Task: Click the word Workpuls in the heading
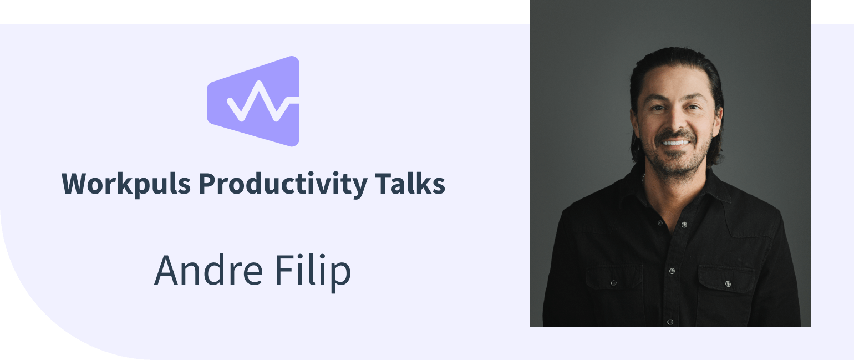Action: pos(126,184)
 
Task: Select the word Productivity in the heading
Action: pos(282,184)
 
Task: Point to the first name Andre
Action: pos(209,271)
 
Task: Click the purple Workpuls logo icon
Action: pos(253,101)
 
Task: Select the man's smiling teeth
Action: pos(676,143)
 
